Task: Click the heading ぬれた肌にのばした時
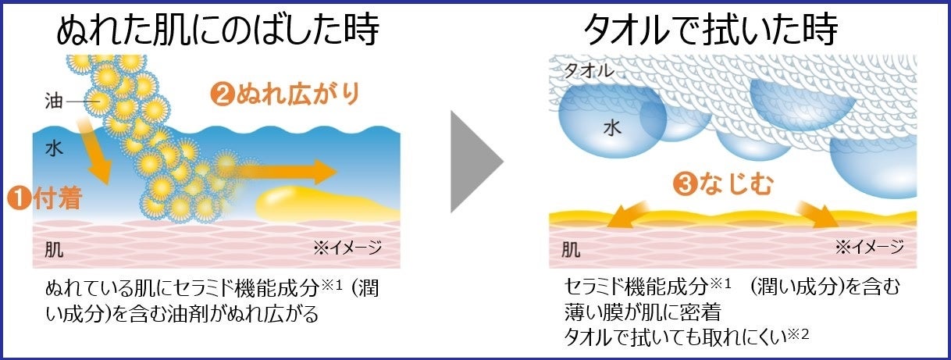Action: pos(218,30)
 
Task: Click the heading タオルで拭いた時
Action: pos(711,30)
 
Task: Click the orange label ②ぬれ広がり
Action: pos(288,94)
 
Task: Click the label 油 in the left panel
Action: pos(54,101)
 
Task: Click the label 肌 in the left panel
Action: pos(54,249)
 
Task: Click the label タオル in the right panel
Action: pos(589,71)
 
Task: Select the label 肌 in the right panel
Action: pos(571,250)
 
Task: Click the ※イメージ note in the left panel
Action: pos(347,248)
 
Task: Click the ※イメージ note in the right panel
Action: pos(869,248)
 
